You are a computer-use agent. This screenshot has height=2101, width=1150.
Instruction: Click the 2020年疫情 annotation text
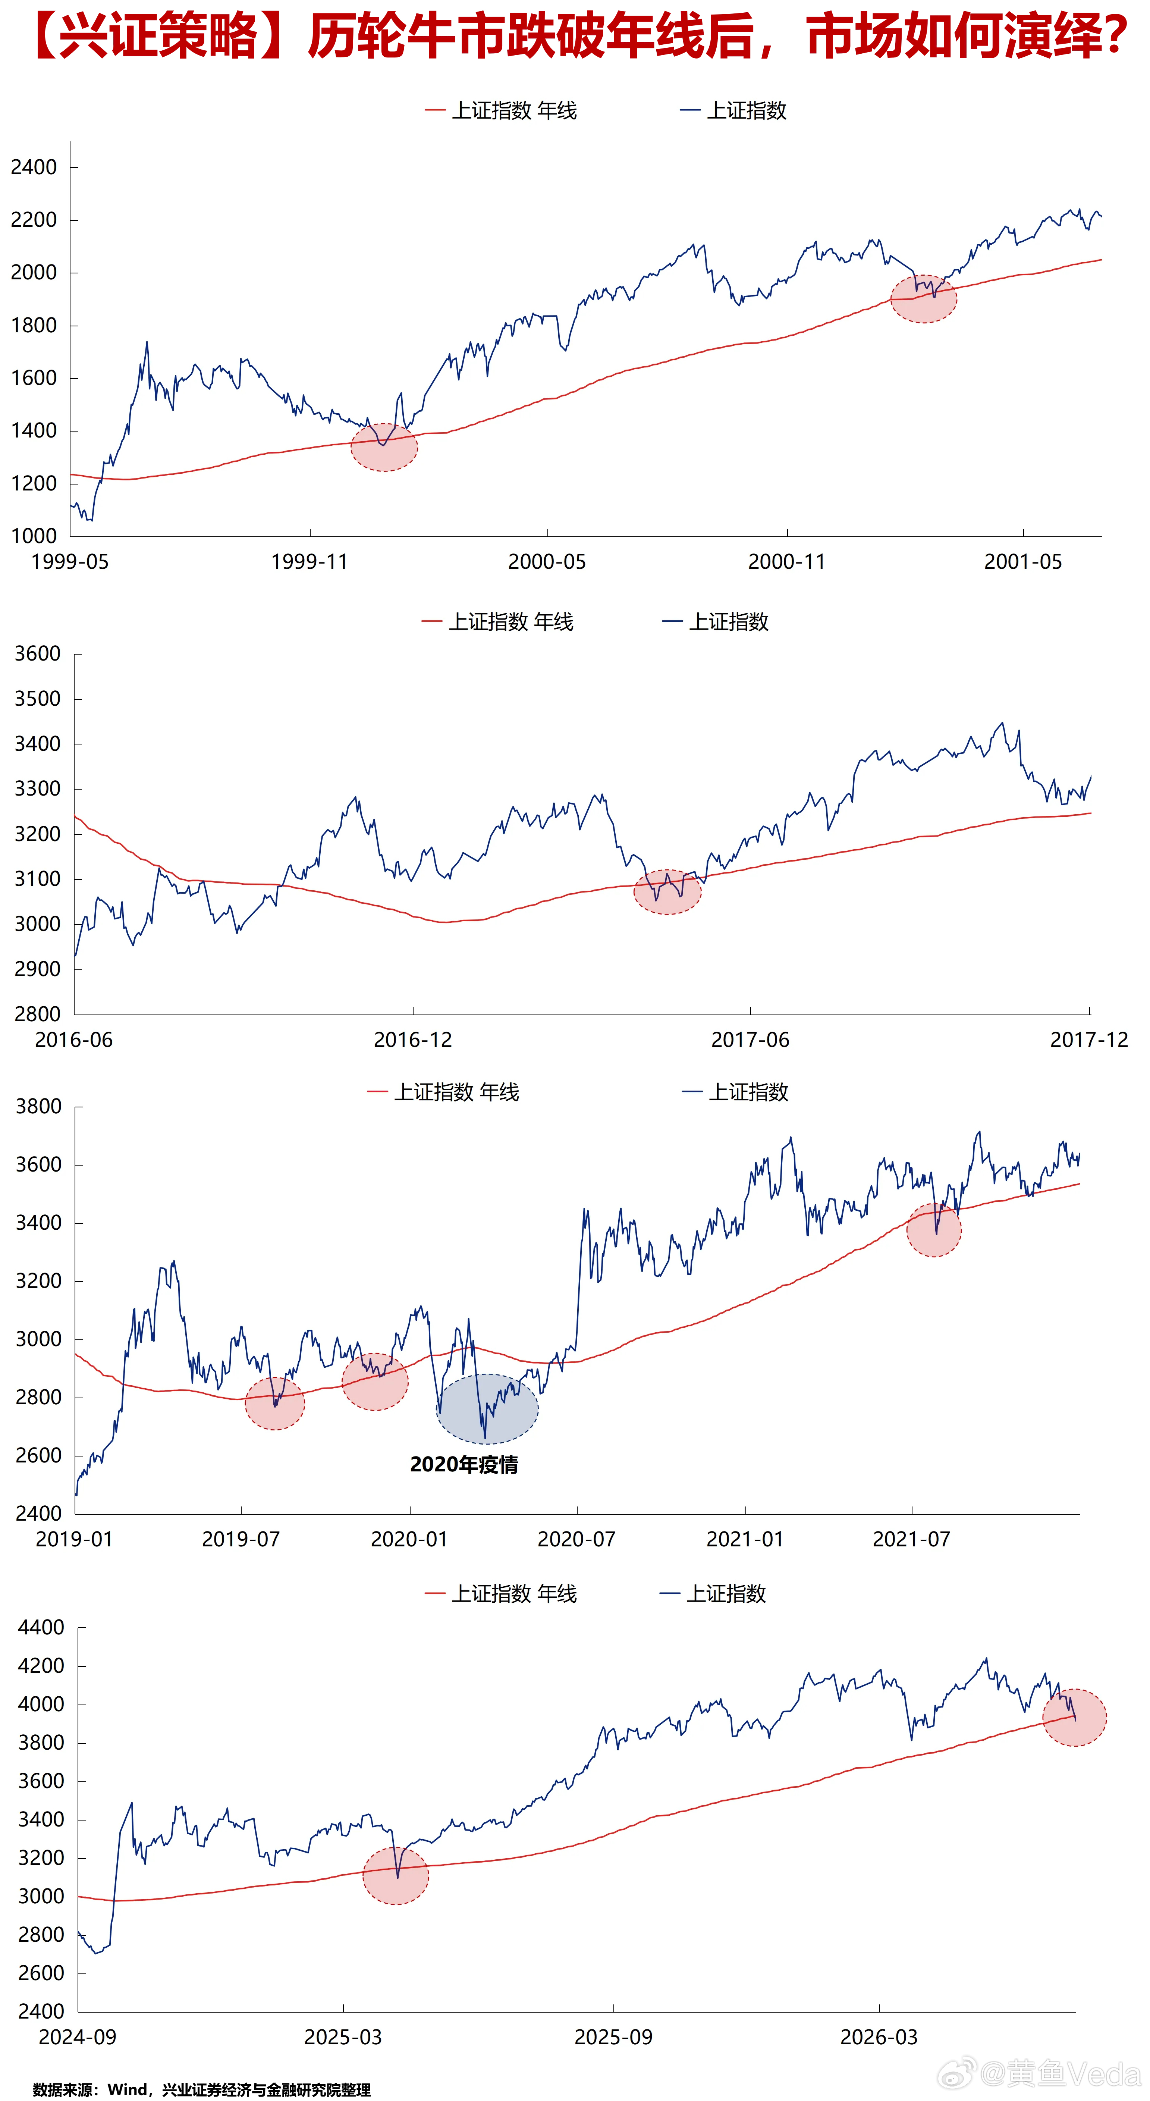coord(463,1465)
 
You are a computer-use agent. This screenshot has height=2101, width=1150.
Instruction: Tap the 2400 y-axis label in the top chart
coord(34,167)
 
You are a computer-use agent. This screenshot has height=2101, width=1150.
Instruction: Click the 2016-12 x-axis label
coord(413,1040)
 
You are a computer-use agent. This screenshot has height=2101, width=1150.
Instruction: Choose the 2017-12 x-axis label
coord(1089,1040)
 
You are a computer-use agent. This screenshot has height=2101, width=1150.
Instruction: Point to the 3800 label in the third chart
coord(38,1107)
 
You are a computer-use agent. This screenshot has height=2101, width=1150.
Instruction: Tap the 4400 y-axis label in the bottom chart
coord(41,1627)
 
